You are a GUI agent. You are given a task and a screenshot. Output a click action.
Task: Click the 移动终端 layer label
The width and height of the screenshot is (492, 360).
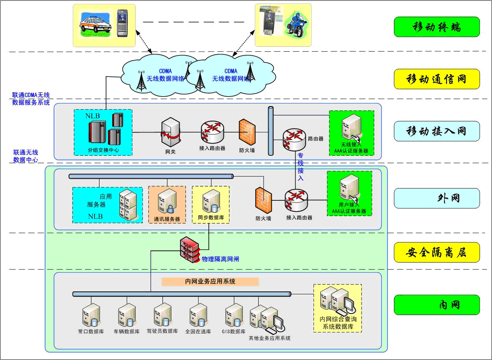pos(436,27)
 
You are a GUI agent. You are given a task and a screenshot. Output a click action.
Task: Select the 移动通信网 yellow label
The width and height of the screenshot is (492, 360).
pos(436,79)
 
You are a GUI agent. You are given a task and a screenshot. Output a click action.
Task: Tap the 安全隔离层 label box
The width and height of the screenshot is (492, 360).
pos(436,252)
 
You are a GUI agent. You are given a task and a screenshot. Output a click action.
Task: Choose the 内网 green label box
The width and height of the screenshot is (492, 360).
pos(436,305)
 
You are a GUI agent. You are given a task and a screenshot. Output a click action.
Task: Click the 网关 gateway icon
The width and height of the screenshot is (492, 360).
pos(171,132)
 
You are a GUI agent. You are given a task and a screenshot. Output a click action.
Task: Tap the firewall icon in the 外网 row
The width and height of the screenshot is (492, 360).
pos(263,200)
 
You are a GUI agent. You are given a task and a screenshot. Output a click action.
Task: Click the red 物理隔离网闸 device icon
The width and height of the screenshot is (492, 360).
pos(190,250)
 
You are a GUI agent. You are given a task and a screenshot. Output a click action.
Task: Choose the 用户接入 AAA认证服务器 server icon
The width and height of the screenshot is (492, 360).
pos(349,188)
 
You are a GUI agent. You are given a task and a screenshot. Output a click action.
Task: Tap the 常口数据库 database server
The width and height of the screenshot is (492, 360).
pos(91,315)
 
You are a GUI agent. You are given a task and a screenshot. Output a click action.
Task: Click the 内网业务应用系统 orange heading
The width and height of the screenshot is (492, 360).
pos(210,282)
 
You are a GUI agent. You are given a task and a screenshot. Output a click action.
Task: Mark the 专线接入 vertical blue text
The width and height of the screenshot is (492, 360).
pos(301,167)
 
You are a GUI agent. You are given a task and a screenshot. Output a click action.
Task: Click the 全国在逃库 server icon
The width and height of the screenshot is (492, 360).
pos(198,315)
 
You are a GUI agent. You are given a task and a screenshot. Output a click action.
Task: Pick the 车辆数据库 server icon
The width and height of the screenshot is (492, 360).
pos(126,315)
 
